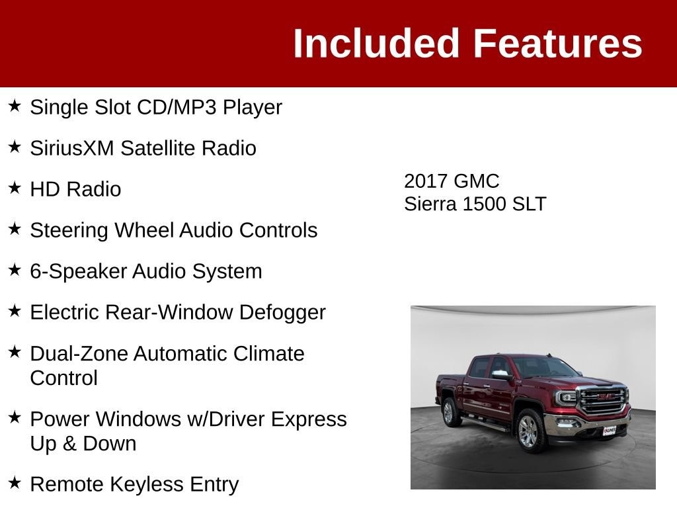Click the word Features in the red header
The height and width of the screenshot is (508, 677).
click(558, 43)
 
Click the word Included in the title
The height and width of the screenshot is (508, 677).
click(376, 43)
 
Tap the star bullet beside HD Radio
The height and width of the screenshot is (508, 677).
click(15, 188)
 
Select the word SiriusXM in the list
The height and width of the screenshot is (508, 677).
click(72, 148)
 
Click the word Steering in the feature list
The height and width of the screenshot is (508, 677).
click(69, 231)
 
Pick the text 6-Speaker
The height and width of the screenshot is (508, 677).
click(78, 272)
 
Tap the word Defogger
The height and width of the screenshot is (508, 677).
click(282, 313)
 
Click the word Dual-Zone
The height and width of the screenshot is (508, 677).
click(79, 353)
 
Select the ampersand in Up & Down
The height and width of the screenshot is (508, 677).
click(69, 444)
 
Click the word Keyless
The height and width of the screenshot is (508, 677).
click(146, 485)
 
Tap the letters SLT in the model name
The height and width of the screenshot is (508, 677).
click(529, 204)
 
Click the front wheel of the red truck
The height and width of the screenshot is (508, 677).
click(530, 431)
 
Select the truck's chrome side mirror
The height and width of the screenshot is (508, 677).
click(501, 374)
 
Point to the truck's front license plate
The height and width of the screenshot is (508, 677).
click(609, 430)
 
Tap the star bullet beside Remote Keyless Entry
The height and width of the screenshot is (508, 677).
click(15, 483)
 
